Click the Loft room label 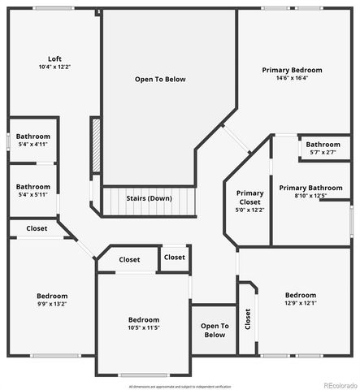click(54, 58)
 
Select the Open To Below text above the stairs click(160, 80)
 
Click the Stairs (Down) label click(149, 197)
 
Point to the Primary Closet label click(250, 197)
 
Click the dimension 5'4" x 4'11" click(33, 144)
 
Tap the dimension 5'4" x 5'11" click(33, 194)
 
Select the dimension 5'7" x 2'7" click(323, 152)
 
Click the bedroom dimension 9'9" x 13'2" click(52, 304)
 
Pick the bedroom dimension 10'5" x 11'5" click(143, 327)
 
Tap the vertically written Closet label click(247, 320)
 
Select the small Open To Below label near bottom click(215, 330)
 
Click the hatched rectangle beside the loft click(95, 145)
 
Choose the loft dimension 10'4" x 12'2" click(54, 67)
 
